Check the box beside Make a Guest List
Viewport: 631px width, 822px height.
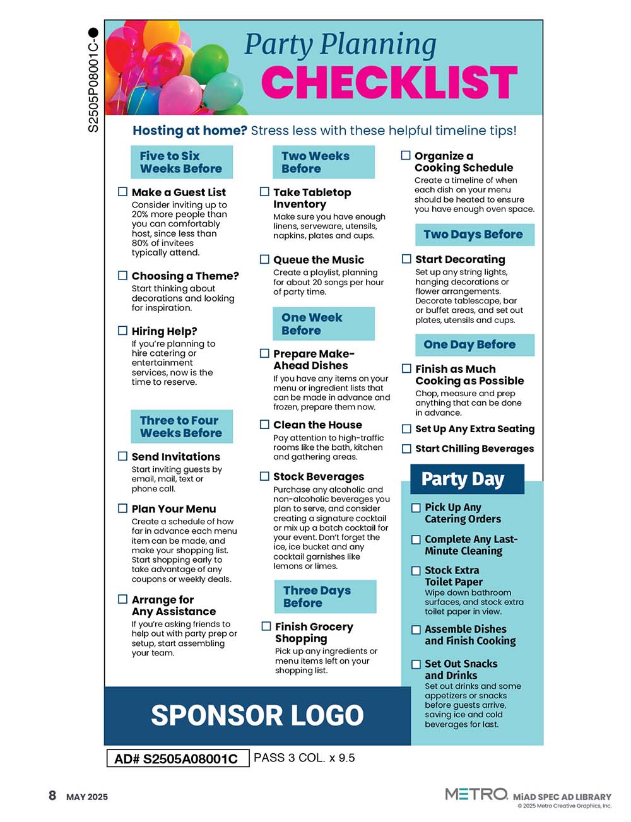123,191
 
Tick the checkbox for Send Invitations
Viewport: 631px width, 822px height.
123,455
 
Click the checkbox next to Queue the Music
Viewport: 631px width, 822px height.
265,259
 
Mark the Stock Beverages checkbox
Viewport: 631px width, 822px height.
265,476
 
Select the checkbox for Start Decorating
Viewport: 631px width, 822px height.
407,259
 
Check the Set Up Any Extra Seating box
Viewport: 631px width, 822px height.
407,428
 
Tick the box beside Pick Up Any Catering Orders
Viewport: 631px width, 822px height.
416,507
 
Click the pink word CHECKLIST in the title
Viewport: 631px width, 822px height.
389,82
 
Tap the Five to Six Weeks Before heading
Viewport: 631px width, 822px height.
181,162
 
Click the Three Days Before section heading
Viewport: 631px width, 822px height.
325,596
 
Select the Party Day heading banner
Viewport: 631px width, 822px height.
466,479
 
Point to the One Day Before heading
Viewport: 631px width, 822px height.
474,344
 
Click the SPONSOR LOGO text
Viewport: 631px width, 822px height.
257,715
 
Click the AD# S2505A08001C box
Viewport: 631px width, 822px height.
177,758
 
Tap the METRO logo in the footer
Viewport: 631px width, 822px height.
476,794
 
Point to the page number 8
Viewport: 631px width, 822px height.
52,796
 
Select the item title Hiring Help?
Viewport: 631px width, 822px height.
164,331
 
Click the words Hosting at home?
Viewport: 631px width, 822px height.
189,131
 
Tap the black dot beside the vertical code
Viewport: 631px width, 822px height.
93,32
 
